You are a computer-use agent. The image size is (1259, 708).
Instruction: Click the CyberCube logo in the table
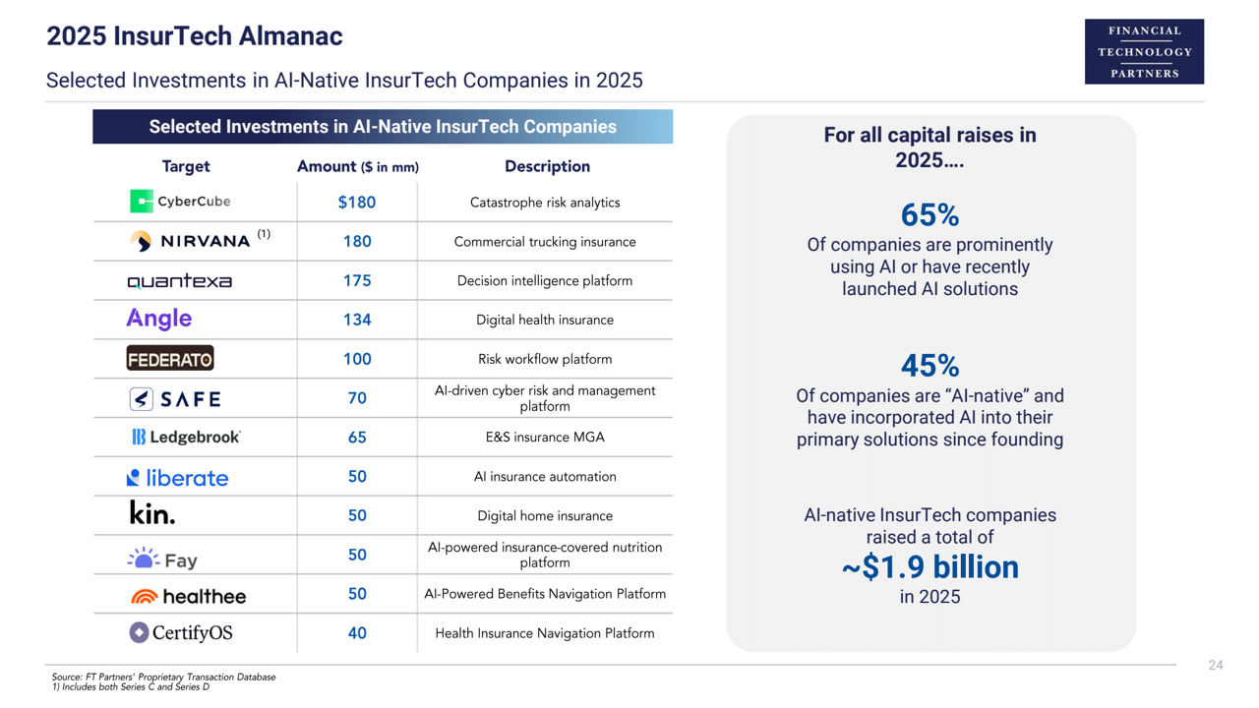(180, 202)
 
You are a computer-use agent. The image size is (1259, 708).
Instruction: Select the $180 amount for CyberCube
(357, 203)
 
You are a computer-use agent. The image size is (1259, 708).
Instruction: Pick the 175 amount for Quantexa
(357, 280)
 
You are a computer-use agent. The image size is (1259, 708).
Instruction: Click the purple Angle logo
(159, 319)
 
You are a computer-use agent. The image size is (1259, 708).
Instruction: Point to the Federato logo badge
(170, 359)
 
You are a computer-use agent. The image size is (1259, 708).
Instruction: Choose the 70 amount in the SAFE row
(357, 398)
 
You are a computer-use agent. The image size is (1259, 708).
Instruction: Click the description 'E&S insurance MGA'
(544, 438)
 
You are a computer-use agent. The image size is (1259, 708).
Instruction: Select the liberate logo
(178, 478)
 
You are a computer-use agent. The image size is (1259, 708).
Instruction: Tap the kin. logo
(152, 513)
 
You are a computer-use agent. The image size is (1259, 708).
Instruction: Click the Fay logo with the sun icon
(163, 559)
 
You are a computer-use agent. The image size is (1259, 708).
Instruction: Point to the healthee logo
(188, 596)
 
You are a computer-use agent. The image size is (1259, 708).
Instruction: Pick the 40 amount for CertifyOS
(357, 633)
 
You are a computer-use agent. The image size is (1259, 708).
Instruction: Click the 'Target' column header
(186, 166)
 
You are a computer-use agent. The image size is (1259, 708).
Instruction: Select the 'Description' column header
(547, 166)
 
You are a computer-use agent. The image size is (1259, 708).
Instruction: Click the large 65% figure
(929, 215)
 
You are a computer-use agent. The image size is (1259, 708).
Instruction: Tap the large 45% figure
(929, 366)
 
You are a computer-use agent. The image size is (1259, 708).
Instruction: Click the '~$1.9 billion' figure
(929, 567)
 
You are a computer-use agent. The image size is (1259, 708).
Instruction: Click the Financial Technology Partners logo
(1144, 52)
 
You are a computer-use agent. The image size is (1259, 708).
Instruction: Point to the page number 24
(1216, 666)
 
